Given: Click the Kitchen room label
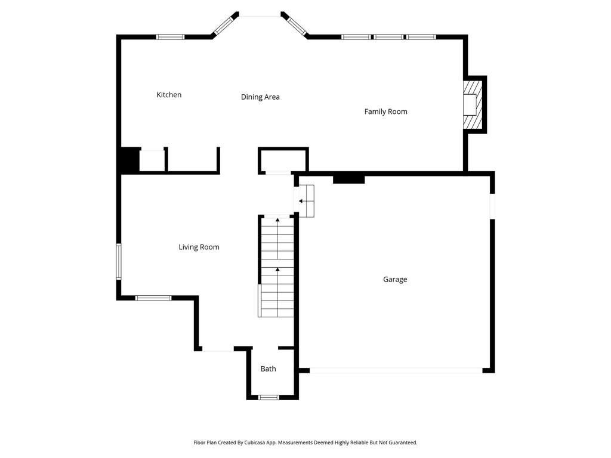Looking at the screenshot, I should [x=169, y=95].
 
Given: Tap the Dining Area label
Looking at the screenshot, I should [x=260, y=97].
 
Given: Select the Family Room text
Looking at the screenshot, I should [x=385, y=112].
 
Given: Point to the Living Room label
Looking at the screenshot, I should [x=199, y=247].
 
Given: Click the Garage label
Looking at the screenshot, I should [x=395, y=279].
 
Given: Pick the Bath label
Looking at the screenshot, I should [x=269, y=369].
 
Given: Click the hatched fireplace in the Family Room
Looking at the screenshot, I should [x=471, y=105].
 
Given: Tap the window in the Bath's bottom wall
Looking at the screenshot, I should [x=269, y=397].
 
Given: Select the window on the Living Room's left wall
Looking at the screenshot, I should [x=119, y=261].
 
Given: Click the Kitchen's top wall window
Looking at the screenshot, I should [x=170, y=37].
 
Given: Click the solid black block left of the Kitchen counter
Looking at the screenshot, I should [x=129, y=160].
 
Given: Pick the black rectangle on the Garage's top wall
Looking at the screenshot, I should [x=348, y=178].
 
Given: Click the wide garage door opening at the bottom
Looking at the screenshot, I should [x=396, y=370].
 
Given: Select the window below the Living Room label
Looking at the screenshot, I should [x=153, y=298].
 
